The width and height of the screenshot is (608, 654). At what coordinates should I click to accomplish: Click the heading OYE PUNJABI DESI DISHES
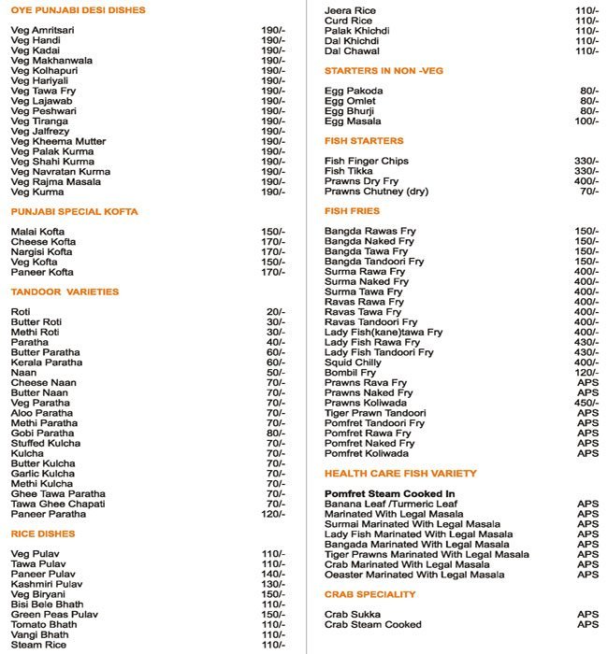click(x=78, y=11)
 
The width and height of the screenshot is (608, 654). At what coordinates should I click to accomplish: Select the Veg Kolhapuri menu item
click(x=43, y=71)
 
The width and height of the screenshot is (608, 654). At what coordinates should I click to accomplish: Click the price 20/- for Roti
click(x=274, y=311)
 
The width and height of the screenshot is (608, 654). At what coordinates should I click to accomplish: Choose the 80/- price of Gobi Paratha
click(x=274, y=433)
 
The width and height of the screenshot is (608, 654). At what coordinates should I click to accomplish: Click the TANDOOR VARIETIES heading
click(x=65, y=291)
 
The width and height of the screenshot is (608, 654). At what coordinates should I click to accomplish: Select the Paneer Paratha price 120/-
click(x=271, y=514)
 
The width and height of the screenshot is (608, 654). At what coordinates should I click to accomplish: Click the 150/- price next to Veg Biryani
click(x=271, y=594)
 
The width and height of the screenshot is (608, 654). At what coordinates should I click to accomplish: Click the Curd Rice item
click(x=348, y=21)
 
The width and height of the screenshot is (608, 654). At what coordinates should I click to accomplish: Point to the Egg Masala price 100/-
click(x=585, y=121)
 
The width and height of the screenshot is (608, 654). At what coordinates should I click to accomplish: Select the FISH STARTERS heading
click(x=364, y=141)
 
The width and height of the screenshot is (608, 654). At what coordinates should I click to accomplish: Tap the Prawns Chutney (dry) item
click(x=376, y=192)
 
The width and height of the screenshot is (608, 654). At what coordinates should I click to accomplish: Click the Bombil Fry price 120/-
click(x=585, y=373)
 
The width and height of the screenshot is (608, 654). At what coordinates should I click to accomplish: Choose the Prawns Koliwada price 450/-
click(x=585, y=404)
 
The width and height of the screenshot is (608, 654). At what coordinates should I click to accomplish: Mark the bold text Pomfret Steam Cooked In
click(x=389, y=493)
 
